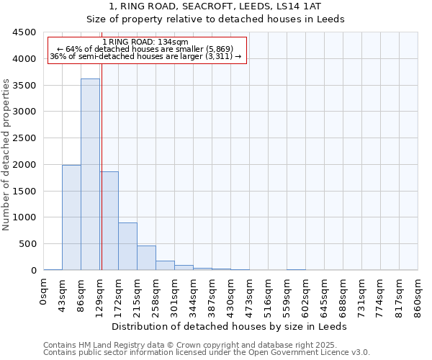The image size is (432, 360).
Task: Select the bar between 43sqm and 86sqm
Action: (71, 217)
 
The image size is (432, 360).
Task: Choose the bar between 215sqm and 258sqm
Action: (146, 258)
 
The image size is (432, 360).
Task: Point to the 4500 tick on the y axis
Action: (24, 32)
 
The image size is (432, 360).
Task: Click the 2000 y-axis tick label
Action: (24, 165)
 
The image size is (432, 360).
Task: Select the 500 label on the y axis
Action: (27, 244)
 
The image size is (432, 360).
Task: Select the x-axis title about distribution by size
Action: (230, 326)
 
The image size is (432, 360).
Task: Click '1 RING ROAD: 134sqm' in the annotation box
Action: (146, 42)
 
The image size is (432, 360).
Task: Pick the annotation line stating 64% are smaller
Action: (146, 49)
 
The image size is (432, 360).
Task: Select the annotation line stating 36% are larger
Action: (146, 56)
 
